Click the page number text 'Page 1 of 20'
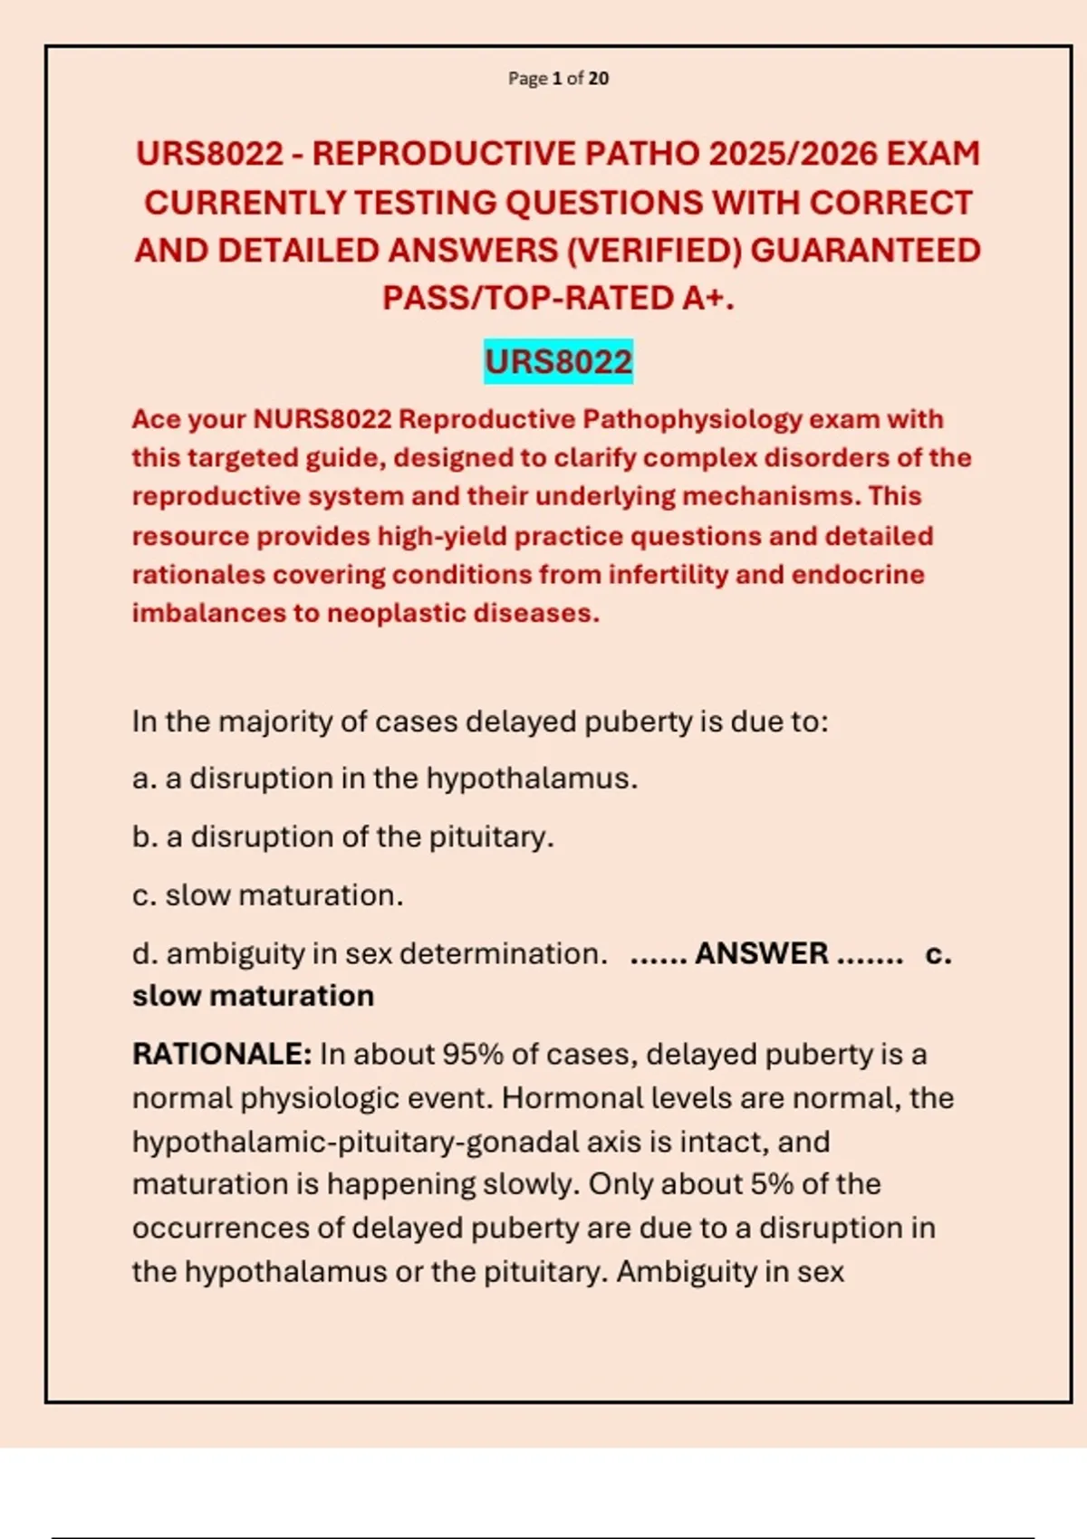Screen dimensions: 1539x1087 coord(558,79)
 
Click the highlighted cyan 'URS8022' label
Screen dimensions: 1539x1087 coord(558,362)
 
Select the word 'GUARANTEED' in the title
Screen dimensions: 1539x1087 coord(865,251)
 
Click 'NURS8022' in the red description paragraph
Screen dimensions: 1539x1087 coord(322,419)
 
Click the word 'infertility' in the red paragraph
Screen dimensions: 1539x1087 coord(669,575)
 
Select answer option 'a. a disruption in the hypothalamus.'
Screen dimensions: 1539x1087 coord(385,779)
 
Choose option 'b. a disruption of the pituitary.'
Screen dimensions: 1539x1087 coord(342,836)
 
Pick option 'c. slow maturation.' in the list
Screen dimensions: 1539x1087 coord(268,895)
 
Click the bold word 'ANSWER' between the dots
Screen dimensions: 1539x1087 coord(761,953)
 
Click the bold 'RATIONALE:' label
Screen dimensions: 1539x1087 coord(222,1055)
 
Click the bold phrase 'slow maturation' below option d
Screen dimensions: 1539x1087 coord(253,996)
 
